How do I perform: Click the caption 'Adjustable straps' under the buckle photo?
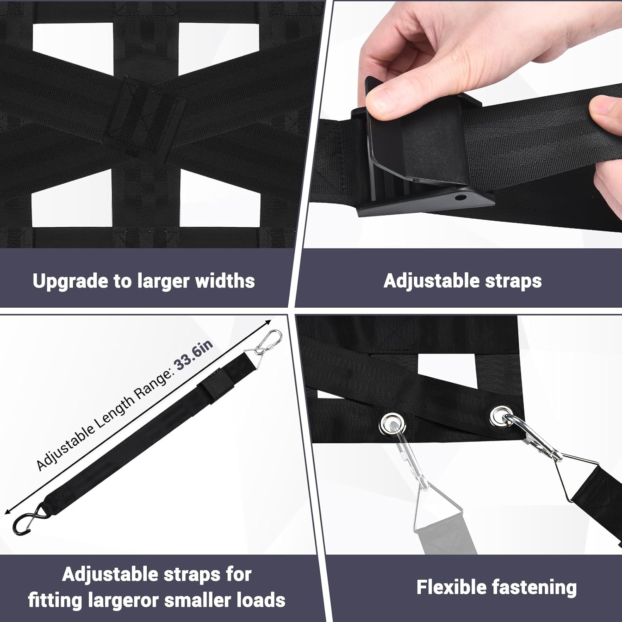(462, 281)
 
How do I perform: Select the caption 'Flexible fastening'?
(496, 588)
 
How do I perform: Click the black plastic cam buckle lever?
(408, 137)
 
